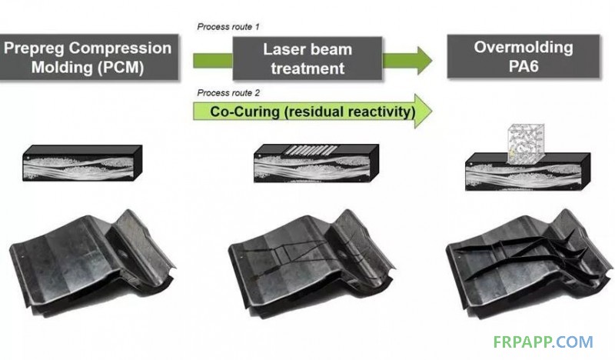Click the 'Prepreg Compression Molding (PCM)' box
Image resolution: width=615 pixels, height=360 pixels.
pyautogui.click(x=88, y=58)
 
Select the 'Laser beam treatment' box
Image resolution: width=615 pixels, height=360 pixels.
pyautogui.click(x=307, y=58)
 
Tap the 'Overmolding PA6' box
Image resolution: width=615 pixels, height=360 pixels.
pyautogui.click(x=524, y=56)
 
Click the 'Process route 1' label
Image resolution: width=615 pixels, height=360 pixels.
pyautogui.click(x=228, y=27)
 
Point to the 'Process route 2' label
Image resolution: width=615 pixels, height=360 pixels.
pyautogui.click(x=228, y=93)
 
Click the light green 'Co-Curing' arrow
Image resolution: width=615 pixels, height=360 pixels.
pyautogui.click(x=313, y=111)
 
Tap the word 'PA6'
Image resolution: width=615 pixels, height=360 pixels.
pyautogui.click(x=524, y=66)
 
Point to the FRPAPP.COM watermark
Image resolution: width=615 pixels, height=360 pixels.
pyautogui.click(x=543, y=342)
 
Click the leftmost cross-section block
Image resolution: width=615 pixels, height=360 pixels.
pyautogui.click(x=82, y=163)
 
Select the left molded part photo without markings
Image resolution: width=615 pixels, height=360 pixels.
pyautogui.click(x=91, y=261)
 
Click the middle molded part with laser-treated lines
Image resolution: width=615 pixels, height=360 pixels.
pyautogui.click(x=311, y=262)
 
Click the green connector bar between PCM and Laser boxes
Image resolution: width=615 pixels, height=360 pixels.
pyautogui.click(x=213, y=61)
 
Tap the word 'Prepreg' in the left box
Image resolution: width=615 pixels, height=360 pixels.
pyautogui.click(x=35, y=48)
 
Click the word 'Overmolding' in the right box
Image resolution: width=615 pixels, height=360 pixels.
pyautogui.click(x=524, y=47)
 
